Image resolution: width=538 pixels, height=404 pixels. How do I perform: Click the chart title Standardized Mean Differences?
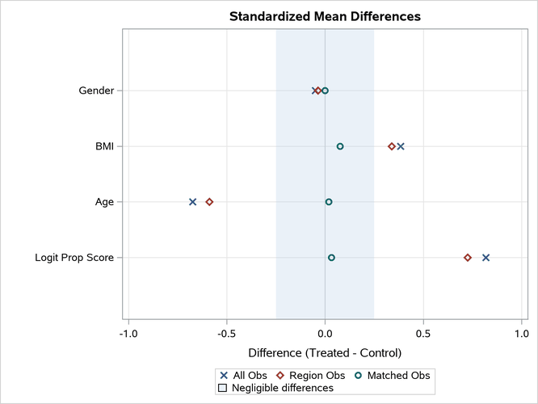pyautogui.click(x=325, y=16)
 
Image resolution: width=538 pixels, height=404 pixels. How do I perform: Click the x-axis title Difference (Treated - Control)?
pyautogui.click(x=325, y=353)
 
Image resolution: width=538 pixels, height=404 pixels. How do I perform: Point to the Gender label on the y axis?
pyautogui.click(x=95, y=90)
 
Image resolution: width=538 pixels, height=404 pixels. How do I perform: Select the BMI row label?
pyautogui.click(x=104, y=146)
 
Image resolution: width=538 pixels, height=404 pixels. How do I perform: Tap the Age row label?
pyautogui.click(x=104, y=202)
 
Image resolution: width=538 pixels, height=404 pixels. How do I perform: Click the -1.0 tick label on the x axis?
pyautogui.click(x=128, y=333)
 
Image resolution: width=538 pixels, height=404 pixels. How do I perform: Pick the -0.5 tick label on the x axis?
pyautogui.click(x=226, y=333)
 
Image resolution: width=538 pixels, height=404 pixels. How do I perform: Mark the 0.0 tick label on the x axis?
pyautogui.click(x=325, y=333)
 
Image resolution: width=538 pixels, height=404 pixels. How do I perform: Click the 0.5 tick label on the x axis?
pyautogui.click(x=423, y=333)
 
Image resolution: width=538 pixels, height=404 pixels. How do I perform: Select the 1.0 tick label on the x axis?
pyautogui.click(x=522, y=333)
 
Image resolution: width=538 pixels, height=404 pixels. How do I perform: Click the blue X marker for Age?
pyautogui.click(x=192, y=202)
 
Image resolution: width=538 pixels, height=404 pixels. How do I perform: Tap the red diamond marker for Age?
pyautogui.click(x=209, y=202)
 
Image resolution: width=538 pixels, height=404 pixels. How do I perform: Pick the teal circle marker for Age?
pyautogui.click(x=329, y=202)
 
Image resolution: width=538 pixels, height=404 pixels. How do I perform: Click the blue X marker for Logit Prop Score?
pyautogui.click(x=485, y=258)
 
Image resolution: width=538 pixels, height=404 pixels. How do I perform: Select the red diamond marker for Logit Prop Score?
pyautogui.click(x=468, y=258)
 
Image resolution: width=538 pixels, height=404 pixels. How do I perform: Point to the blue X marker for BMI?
pyautogui.click(x=401, y=146)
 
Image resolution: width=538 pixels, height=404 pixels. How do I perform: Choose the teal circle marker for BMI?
pyautogui.click(x=340, y=146)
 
